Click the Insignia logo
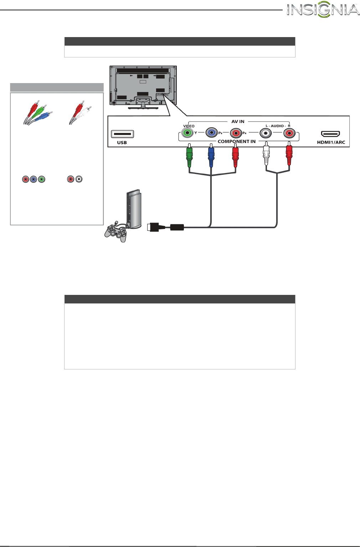pyautogui.click(x=323, y=10)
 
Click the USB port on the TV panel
pyautogui.click(x=122, y=134)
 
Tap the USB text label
pyautogui.click(x=122, y=143)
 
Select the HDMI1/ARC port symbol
pyautogui.click(x=330, y=134)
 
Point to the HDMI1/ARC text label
pyautogui.click(x=331, y=142)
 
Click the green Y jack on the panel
pyautogui.click(x=187, y=133)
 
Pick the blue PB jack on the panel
pyautogui.click(x=212, y=133)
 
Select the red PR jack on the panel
pyautogui.click(x=236, y=133)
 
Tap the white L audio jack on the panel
pyautogui.click(x=266, y=133)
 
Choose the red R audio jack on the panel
pyautogui.click(x=289, y=133)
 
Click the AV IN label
pyautogui.click(x=238, y=122)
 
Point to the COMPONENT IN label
pyautogui.click(x=237, y=142)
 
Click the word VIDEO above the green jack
pyautogui.click(x=189, y=126)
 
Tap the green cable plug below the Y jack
pyautogui.click(x=189, y=155)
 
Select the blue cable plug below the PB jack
pyautogui.click(x=211, y=155)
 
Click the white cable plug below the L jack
pyautogui.click(x=266, y=154)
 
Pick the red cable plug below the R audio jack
pyautogui.click(x=289, y=154)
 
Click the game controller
pyautogui.click(x=116, y=233)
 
